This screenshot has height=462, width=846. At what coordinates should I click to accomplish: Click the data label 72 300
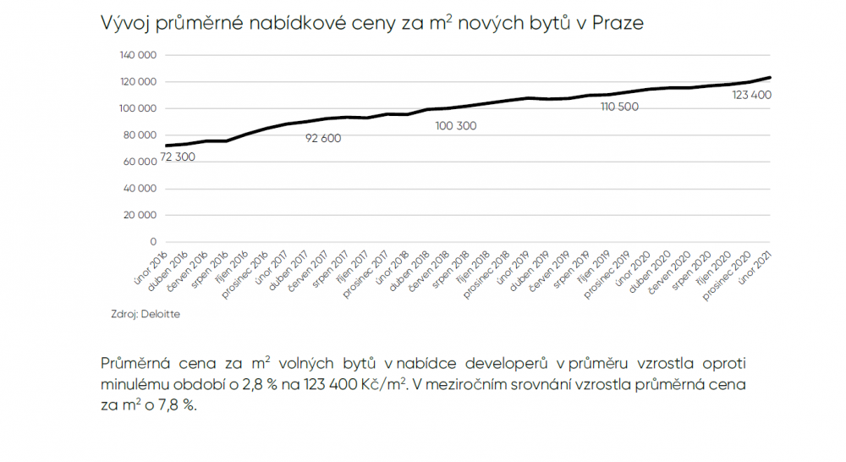(173, 157)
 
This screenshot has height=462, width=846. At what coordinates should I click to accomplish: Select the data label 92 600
(323, 138)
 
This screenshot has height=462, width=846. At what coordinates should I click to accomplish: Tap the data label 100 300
(456, 126)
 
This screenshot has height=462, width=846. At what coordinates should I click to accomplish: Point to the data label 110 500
(619, 107)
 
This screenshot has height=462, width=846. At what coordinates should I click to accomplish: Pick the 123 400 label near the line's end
(751, 95)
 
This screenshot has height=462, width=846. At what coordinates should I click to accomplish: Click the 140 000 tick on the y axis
(139, 55)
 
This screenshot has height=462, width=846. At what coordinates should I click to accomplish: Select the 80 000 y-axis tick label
(141, 135)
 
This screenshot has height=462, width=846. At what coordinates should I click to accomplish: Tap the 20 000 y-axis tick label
(141, 215)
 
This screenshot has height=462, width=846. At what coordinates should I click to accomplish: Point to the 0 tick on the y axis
(154, 242)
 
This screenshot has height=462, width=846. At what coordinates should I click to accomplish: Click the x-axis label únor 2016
(151, 264)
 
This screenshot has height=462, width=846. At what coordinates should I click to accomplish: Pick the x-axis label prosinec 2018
(487, 270)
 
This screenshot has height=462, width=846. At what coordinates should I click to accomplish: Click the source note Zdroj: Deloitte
(146, 314)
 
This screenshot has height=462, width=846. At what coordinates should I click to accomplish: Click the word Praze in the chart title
(616, 24)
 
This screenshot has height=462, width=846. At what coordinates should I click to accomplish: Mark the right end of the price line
(770, 77)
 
